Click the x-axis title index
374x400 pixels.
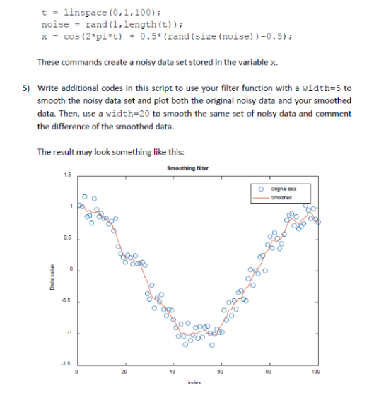195,384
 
